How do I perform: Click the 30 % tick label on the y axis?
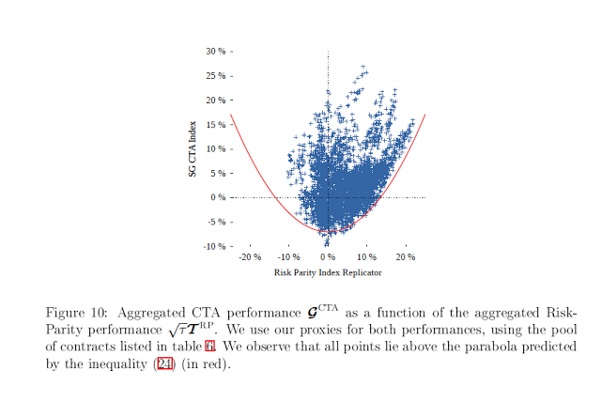[215, 51]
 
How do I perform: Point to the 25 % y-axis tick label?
[215, 75]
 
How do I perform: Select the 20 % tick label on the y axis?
[215, 100]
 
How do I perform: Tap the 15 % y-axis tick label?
[215, 124]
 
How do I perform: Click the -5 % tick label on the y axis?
[215, 222]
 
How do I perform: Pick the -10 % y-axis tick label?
[213, 246]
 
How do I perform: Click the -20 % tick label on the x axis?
[249, 257]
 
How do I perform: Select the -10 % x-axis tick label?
[288, 257]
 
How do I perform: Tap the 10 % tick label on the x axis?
[366, 257]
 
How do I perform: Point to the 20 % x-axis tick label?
[406, 257]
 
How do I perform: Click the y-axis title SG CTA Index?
[193, 148]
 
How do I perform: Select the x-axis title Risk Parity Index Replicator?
[328, 272]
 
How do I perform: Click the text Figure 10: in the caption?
[78, 312]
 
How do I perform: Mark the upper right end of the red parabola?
[425, 115]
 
